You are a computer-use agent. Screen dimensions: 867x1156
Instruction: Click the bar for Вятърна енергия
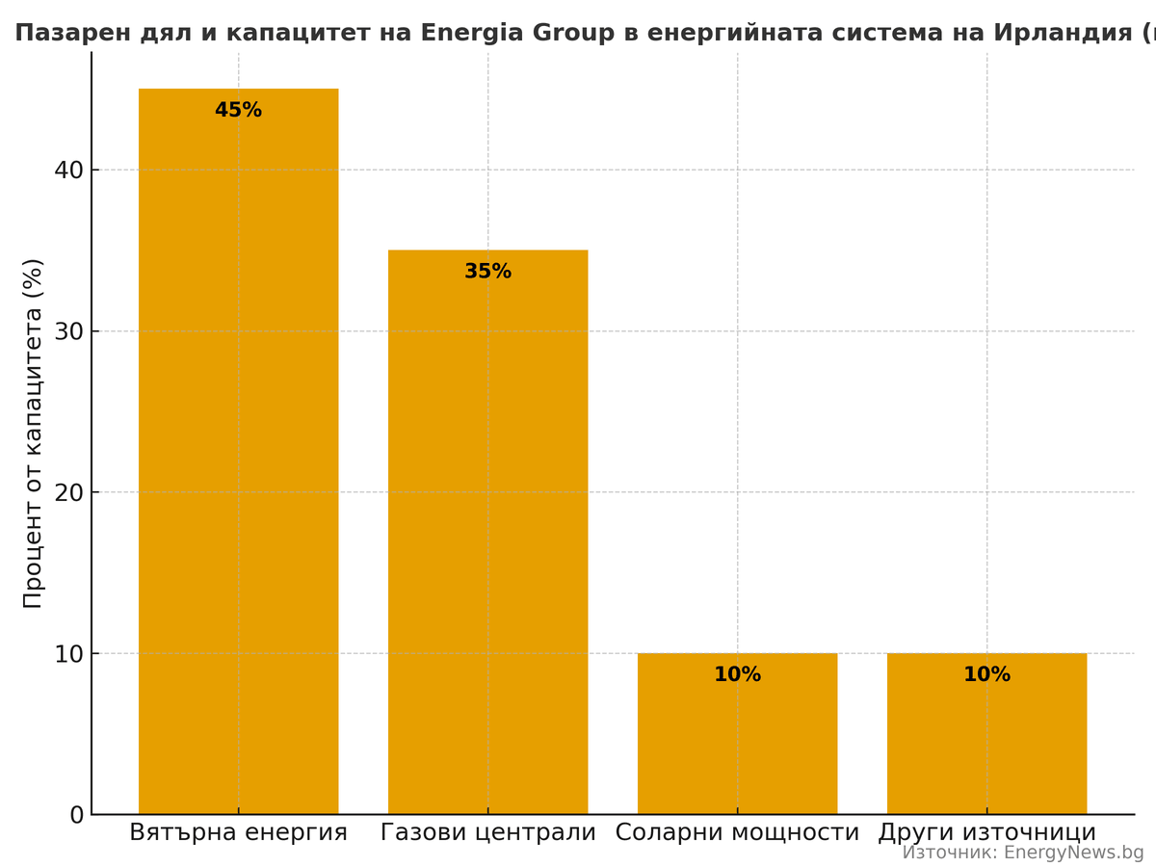pyautogui.click(x=238, y=453)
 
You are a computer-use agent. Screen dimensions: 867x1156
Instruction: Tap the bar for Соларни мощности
pyautogui.click(x=737, y=742)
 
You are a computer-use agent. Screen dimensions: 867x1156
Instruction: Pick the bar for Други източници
pyautogui.click(x=986, y=742)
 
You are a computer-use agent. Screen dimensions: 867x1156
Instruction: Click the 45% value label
pyautogui.click(x=238, y=111)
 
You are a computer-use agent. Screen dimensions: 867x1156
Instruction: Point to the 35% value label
pyautogui.click(x=487, y=272)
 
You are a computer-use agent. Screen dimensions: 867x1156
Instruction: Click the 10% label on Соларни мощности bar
pyautogui.click(x=737, y=675)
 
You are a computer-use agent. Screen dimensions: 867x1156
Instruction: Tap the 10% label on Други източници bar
pyautogui.click(x=986, y=675)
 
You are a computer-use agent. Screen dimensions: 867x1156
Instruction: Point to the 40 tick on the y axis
pyautogui.click(x=69, y=171)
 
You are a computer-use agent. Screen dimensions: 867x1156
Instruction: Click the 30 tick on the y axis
pyautogui.click(x=69, y=331)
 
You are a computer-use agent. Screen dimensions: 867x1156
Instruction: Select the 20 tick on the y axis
pyautogui.click(x=69, y=492)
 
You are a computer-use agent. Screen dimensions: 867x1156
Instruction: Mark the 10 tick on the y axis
pyautogui.click(x=69, y=654)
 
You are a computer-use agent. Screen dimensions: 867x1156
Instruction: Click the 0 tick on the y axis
pyautogui.click(x=77, y=815)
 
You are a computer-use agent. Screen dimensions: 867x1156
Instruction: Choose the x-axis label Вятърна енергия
pyautogui.click(x=238, y=832)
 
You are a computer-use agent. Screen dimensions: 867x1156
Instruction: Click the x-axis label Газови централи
pyautogui.click(x=487, y=832)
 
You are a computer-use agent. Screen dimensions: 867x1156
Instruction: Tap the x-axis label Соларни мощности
pyautogui.click(x=737, y=832)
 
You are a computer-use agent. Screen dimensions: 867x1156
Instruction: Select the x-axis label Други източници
pyautogui.click(x=986, y=832)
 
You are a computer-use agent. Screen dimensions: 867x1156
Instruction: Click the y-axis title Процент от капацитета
pyautogui.click(x=33, y=433)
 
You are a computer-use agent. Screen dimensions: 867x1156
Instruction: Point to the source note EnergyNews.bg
pyautogui.click(x=1022, y=853)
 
